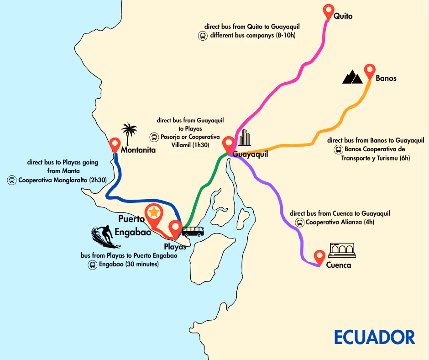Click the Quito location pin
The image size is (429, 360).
(328, 11)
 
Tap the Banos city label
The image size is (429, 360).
(386, 78)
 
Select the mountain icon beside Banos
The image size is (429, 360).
(352, 77)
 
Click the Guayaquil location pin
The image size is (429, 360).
(229, 144)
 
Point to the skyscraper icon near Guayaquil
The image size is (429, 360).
(246, 138)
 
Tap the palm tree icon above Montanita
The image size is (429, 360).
(130, 132)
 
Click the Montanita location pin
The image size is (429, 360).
(115, 145)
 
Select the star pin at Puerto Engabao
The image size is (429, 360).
(154, 213)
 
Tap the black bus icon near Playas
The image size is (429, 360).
(193, 231)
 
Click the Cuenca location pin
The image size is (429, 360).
(319, 257)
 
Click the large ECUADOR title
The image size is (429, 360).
(374, 337)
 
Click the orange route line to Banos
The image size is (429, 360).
(319, 137)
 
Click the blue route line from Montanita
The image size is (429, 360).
(137, 200)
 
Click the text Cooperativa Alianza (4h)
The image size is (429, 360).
(337, 222)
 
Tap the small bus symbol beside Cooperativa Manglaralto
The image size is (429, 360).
(11, 180)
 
